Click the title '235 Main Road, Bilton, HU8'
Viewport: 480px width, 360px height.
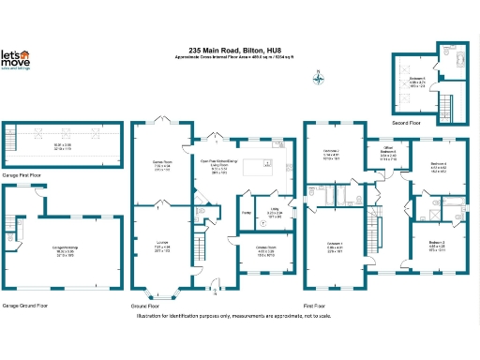(x=241, y=51)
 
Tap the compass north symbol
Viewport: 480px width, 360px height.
(x=320, y=79)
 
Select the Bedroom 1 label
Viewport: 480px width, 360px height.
(x=335, y=248)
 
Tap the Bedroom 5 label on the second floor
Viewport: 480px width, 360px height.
(x=417, y=82)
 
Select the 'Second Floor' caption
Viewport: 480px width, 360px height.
(x=407, y=122)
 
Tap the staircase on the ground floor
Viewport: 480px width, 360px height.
(x=199, y=248)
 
